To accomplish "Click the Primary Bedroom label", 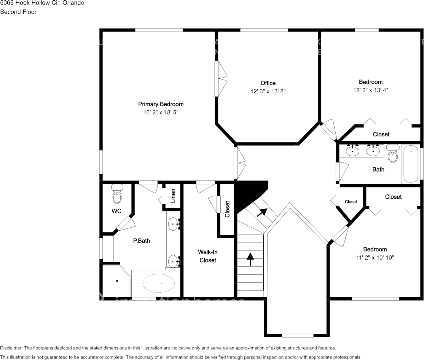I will coord(161,104).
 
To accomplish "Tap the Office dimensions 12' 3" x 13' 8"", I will coord(268,91).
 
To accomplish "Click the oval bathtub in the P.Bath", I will coord(159,283).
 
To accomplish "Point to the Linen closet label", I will coord(173,196).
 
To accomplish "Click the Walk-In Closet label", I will coord(207,256).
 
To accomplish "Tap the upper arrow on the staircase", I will coord(261,212).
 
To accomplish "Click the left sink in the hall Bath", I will coord(353,151).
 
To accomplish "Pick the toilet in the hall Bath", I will coord(392,154).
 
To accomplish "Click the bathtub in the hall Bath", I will coord(411,164).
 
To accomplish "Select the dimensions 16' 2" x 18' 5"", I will coord(161,112).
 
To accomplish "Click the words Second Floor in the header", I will coord(18,12).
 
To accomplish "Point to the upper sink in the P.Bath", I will coord(174,224).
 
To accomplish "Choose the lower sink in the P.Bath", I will coord(174,261).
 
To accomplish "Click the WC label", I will coord(116,211).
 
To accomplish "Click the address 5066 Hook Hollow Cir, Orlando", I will coord(42,3).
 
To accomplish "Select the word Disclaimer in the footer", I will coord(11,348).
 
